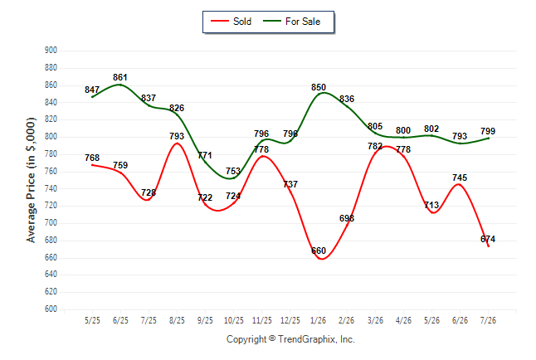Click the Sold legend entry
(x=231, y=22)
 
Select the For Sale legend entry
(x=292, y=22)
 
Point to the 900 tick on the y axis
(x=51, y=51)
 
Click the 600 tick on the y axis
(x=51, y=309)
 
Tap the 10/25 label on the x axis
(x=234, y=320)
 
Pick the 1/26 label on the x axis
(x=319, y=320)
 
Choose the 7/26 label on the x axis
(x=488, y=320)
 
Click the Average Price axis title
(x=31, y=180)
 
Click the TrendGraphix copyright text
(x=290, y=339)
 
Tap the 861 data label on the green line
(x=120, y=77)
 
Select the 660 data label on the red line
(x=319, y=251)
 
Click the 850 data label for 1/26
(x=319, y=87)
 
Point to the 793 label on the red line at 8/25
(x=177, y=136)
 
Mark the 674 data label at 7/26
(x=488, y=239)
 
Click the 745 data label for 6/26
(x=460, y=178)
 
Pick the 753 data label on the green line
(x=233, y=171)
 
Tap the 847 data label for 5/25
(x=92, y=90)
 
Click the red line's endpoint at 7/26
(x=488, y=246)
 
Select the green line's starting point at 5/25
(x=92, y=97)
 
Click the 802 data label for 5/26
(x=431, y=129)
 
